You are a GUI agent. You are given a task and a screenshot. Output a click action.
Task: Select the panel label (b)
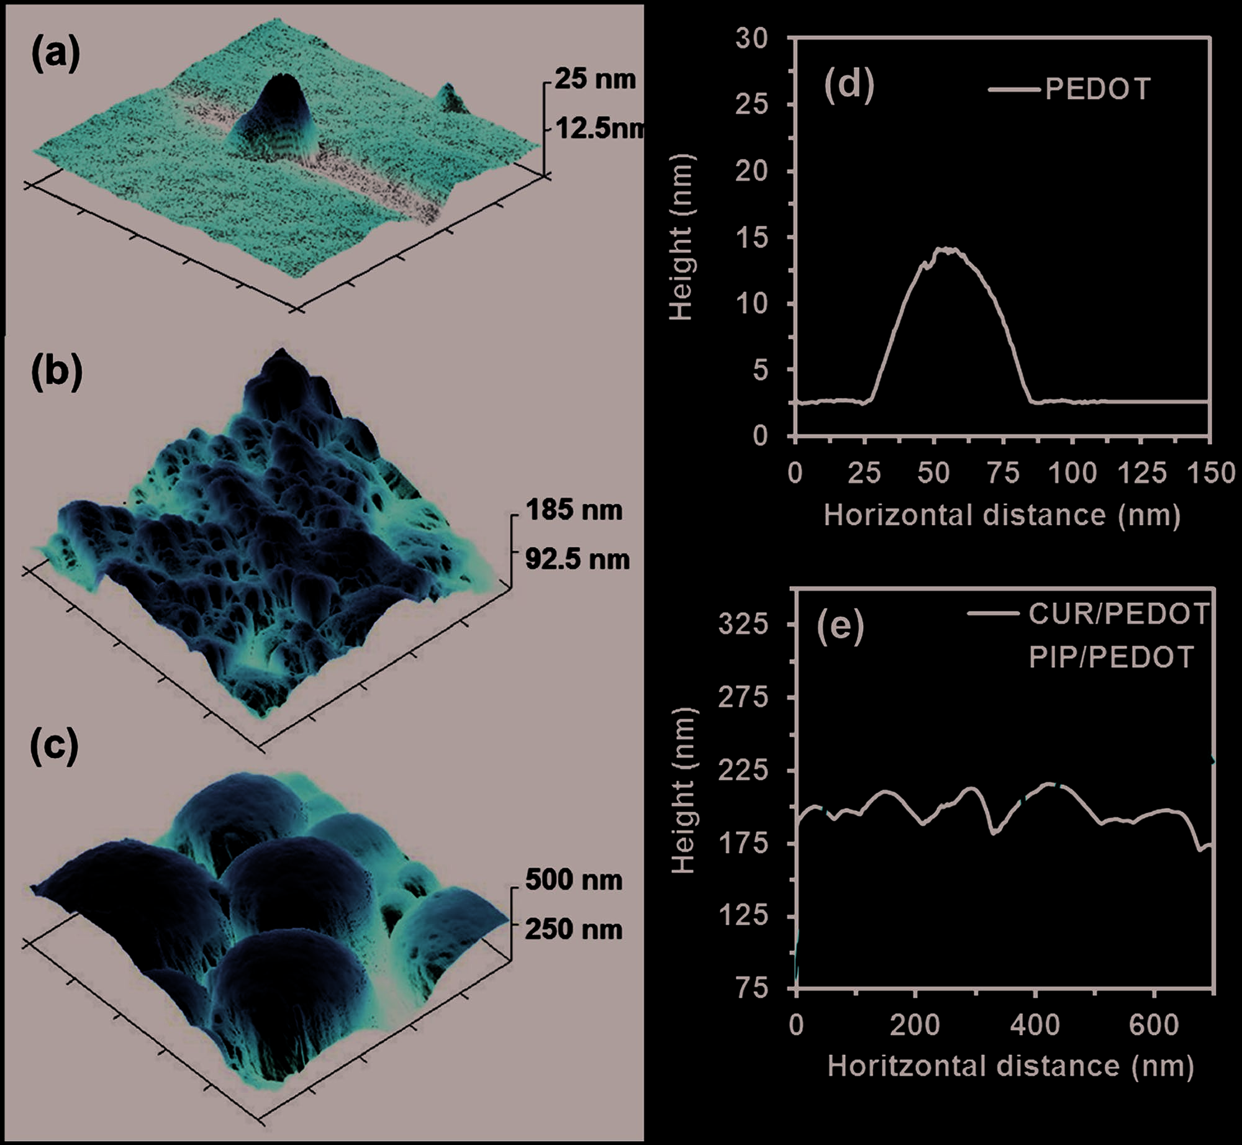57,373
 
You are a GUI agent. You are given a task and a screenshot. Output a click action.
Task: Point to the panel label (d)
849,85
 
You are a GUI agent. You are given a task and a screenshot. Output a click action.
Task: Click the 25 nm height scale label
595,80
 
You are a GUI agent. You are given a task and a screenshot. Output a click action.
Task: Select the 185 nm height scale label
574,510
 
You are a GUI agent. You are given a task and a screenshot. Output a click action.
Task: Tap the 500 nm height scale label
573,880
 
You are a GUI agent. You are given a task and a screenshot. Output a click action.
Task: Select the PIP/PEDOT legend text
1111,657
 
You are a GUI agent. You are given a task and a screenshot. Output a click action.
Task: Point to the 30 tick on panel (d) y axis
752,39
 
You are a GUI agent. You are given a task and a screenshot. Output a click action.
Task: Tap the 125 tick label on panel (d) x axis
1142,473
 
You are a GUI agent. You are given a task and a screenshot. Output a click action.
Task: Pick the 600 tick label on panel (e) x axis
1154,1025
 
